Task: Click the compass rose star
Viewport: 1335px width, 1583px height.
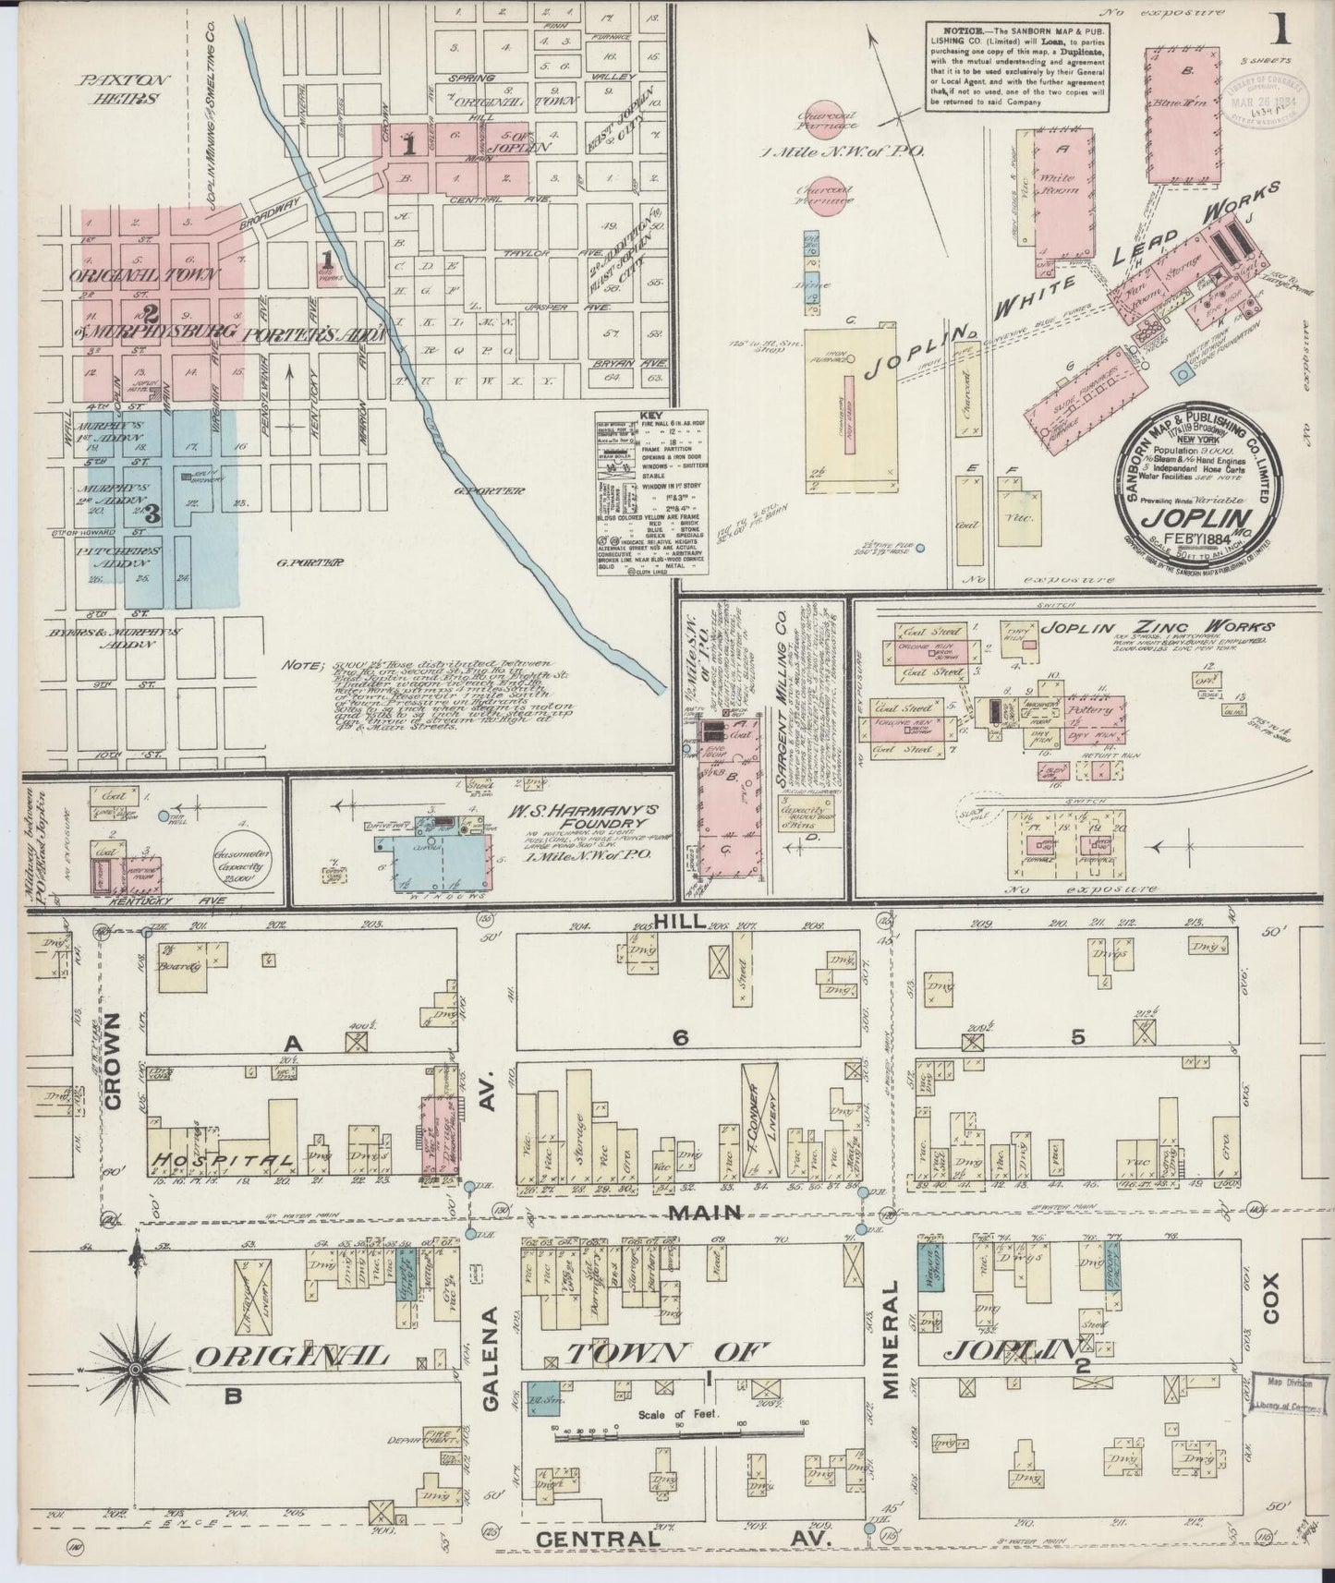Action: [135, 1367]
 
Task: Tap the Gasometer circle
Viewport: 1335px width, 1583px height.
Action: [243, 867]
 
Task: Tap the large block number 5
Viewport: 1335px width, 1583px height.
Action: [1076, 1038]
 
